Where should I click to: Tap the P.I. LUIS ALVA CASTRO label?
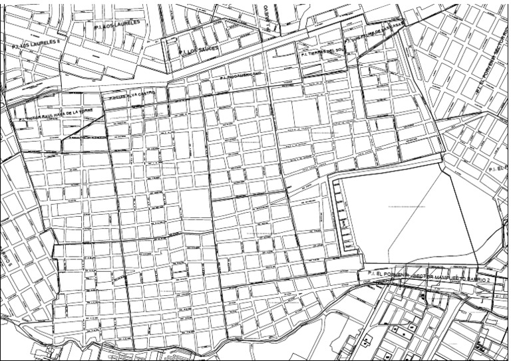click(x=133, y=96)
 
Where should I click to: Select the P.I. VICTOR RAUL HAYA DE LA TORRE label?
click(x=59, y=115)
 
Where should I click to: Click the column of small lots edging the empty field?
click(x=343, y=216)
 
